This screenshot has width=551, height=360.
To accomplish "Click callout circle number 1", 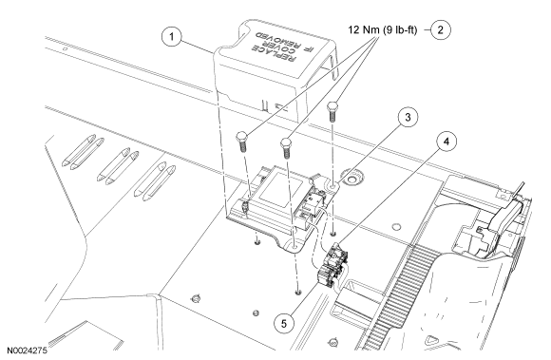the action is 172,36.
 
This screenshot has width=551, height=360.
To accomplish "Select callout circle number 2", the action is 440,29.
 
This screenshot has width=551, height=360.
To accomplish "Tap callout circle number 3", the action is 408,117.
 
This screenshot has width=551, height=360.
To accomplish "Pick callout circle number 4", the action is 446,142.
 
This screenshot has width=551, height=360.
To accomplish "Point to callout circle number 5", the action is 284,324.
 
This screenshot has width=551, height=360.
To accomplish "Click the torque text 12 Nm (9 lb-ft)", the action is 383,29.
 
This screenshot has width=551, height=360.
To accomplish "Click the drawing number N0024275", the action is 27,351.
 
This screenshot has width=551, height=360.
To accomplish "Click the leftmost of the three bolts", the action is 242,141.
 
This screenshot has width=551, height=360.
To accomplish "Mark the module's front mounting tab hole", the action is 294,248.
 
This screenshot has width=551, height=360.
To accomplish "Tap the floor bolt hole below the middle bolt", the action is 298,292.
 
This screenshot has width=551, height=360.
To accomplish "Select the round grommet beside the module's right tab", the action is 351,180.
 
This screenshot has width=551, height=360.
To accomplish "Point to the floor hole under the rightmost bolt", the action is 332,234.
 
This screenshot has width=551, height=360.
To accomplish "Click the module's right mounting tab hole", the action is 332,184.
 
